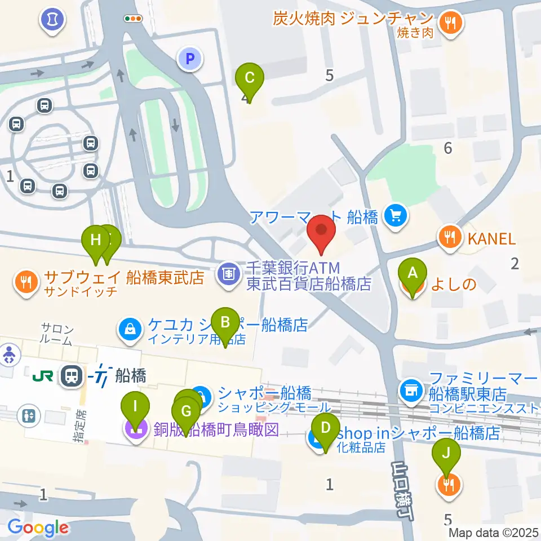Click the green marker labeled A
click(x=413, y=274)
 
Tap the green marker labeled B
click(x=225, y=322)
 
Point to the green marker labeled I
click(x=135, y=406)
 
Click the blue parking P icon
click(x=190, y=57)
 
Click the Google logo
click(x=38, y=528)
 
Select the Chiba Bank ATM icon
click(x=228, y=275)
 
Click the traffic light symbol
click(x=134, y=19)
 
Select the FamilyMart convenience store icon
click(x=411, y=388)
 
